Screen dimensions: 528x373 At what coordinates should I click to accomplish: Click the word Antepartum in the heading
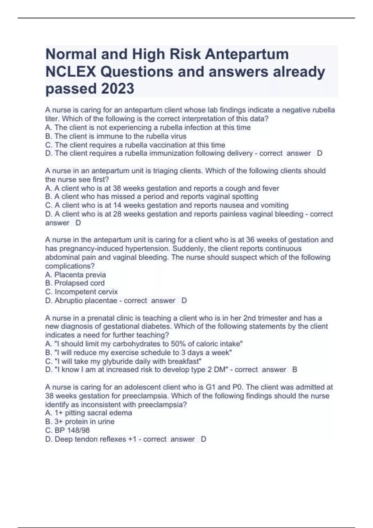246,54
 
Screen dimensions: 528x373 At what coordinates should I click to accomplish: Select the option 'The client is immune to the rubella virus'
120,136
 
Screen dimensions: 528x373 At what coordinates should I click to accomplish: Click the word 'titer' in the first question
52,119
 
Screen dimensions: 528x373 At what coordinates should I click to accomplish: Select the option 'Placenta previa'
80,275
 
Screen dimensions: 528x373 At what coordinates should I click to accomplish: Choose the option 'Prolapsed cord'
79,283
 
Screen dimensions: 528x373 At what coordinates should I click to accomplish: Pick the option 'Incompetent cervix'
86,292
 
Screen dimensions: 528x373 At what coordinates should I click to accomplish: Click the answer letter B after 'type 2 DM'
295,370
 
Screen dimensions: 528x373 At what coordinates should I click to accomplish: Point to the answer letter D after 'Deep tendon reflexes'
204,439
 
